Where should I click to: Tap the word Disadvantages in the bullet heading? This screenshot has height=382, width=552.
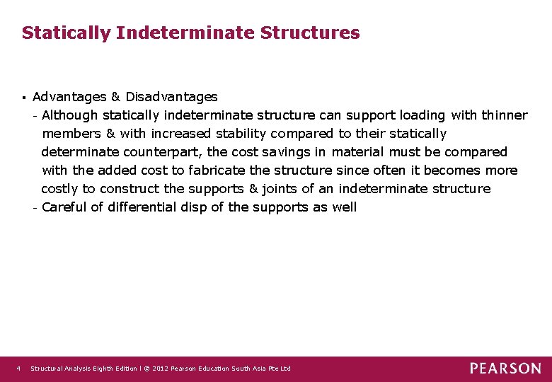pos(172,96)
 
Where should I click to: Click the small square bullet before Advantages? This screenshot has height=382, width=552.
pos(23,97)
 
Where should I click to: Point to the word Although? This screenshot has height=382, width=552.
pos(70,115)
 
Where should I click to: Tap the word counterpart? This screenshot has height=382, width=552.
pos(162,151)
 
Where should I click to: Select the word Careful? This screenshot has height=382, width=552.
pos(63,207)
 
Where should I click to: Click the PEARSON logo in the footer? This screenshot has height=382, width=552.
pos(505,368)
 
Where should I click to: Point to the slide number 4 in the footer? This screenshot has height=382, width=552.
pos(18,369)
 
